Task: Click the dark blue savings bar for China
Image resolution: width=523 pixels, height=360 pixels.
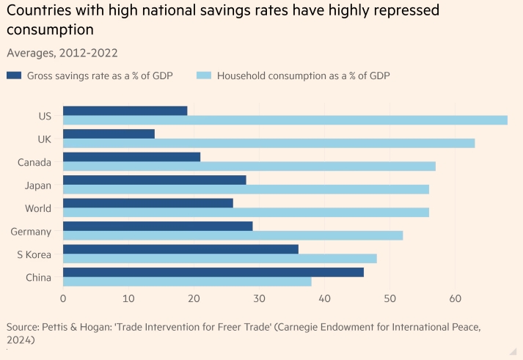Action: (213, 272)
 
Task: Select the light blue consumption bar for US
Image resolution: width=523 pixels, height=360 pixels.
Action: (285, 120)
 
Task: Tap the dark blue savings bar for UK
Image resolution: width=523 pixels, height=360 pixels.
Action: (109, 133)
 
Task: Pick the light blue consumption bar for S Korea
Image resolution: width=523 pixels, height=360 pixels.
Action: (219, 258)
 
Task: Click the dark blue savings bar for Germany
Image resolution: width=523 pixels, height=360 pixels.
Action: (158, 226)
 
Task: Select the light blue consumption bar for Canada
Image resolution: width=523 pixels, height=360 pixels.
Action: (249, 166)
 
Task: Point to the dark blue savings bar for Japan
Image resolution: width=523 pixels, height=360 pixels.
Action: (154, 180)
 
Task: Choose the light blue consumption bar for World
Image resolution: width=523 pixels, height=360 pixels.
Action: (246, 212)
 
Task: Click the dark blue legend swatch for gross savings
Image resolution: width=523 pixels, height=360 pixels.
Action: (14, 76)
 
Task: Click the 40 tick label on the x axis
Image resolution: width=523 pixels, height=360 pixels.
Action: (324, 298)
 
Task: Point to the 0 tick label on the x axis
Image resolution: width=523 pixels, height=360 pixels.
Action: (63, 298)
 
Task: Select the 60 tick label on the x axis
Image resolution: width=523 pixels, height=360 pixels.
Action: (455, 298)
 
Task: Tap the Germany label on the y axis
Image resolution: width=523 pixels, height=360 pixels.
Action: (31, 232)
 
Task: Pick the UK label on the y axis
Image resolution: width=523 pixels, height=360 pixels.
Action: (43, 139)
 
